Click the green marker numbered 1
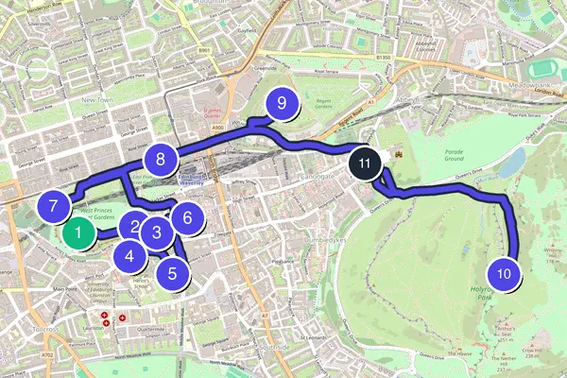coord(79,232)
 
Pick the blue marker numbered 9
coord(281,106)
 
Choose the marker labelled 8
coord(162,159)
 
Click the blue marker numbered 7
coord(54,204)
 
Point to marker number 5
coord(172,274)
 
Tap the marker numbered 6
coord(187,217)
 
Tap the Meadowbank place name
coord(528,93)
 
